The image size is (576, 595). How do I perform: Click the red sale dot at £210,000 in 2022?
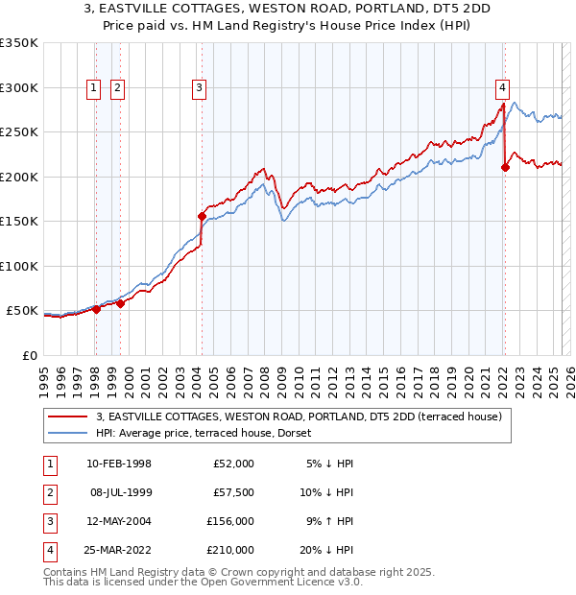[x=505, y=168]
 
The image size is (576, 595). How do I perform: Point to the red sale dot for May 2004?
[x=202, y=216]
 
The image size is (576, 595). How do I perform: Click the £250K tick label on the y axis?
[x=19, y=132]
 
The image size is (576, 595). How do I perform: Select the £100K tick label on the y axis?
[x=19, y=266]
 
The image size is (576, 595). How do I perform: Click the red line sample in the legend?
[x=68, y=416]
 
